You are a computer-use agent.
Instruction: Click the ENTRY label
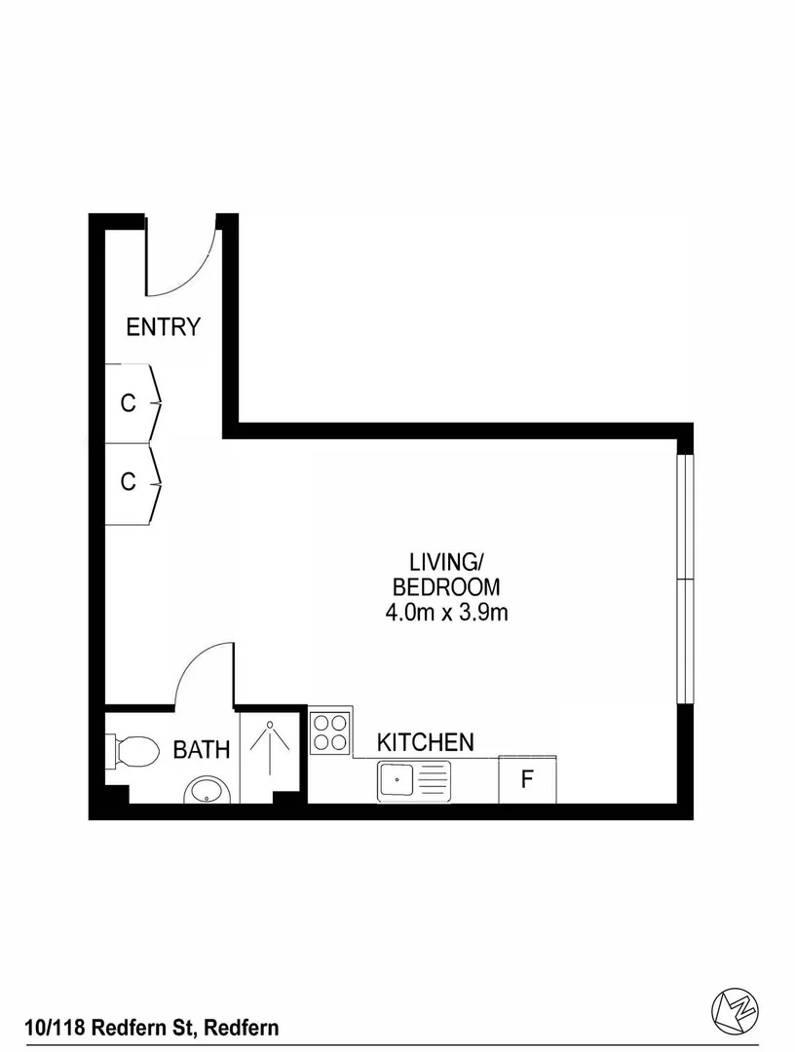[163, 327]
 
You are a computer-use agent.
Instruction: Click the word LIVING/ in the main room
[445, 562]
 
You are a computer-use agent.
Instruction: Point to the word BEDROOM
[445, 587]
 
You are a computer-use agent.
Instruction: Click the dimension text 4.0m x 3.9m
[446, 613]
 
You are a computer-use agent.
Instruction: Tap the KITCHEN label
[426, 742]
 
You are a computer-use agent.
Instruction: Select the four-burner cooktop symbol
[330, 733]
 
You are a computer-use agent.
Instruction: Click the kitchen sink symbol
[413, 781]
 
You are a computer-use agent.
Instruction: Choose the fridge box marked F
[527, 780]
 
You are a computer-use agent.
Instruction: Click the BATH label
[202, 750]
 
